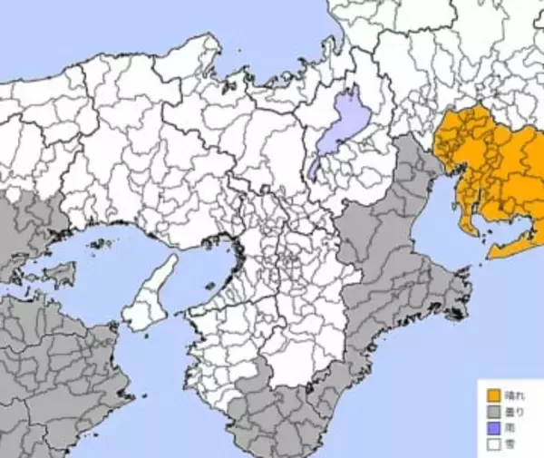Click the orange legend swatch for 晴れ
494,395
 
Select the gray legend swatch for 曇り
494,412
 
